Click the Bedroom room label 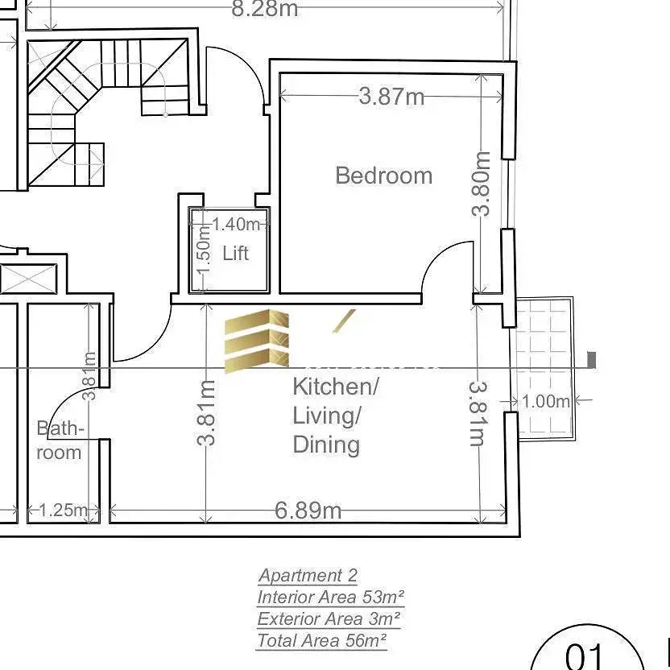tap(383, 176)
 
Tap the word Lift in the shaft tap(235, 254)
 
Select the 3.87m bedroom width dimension tap(391, 97)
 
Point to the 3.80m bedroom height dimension tap(482, 184)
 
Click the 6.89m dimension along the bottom tap(308, 511)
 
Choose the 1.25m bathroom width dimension tap(64, 510)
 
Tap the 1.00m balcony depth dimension tap(546, 401)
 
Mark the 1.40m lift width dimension tap(236, 225)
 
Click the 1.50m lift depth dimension tap(205, 250)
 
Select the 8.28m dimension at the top tap(264, 9)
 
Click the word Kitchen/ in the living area tap(336, 387)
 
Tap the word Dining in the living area tap(326, 445)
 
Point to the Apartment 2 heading tap(308, 576)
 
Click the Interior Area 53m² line tap(331, 597)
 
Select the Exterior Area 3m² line tap(329, 618)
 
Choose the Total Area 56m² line tap(321, 640)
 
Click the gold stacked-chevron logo tap(257, 341)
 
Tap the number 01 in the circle tap(584, 656)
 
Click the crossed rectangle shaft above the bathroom tap(29, 279)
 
